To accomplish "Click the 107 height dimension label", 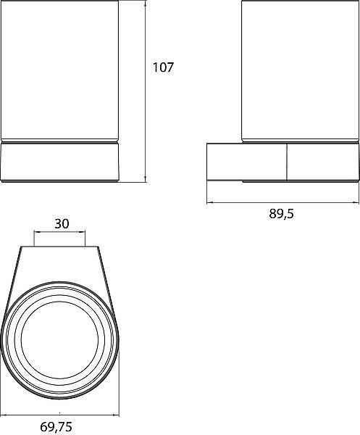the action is click(x=163, y=67).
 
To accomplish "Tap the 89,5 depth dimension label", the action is click(x=281, y=214).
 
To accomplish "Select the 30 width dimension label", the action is click(x=62, y=223).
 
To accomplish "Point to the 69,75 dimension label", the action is click(x=56, y=427).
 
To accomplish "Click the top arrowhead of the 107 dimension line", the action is click(x=146, y=4).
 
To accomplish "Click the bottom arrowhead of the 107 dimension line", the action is click(x=146, y=178).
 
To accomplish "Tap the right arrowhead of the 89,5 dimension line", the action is click(x=355, y=202).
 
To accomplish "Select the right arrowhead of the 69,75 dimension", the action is click(x=115, y=415).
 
